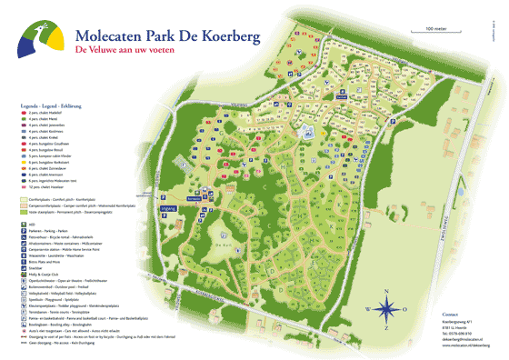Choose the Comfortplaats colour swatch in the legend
(x=24, y=194)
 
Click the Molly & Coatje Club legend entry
(x=45, y=274)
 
